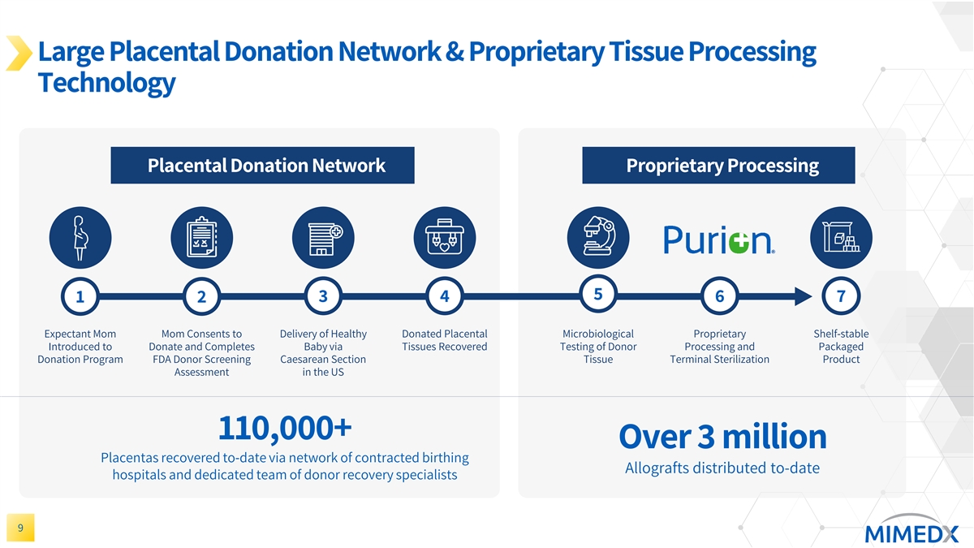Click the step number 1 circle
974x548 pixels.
pos(80,297)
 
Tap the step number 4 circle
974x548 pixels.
pos(445,297)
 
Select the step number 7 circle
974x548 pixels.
pos(841,297)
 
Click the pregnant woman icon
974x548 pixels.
pos(80,237)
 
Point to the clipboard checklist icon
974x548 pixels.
pos(201,237)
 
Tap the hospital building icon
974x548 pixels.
pos(323,237)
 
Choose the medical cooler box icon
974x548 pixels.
pos(445,237)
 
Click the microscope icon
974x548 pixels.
pos(598,237)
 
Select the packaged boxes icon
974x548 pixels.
pos(841,237)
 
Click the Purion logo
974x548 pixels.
pos(719,239)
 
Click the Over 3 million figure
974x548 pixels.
pos(722,437)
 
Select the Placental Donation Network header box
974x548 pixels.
pos(263,166)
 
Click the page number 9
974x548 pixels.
pos(20,529)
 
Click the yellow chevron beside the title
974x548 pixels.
pos(19,53)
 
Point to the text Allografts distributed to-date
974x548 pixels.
pos(722,468)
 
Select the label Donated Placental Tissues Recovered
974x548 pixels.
pos(445,340)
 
